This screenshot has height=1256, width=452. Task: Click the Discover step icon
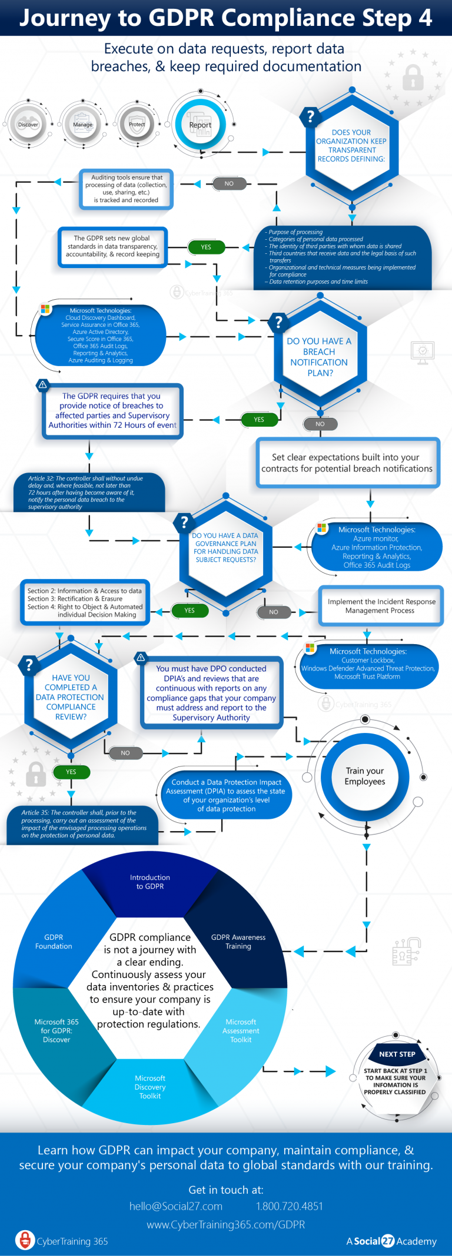tap(28, 124)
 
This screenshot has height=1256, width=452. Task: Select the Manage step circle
tap(82, 124)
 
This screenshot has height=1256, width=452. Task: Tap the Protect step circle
tap(137, 124)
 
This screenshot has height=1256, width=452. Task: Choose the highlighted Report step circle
tap(200, 125)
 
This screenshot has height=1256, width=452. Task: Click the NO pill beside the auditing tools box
tap(229, 183)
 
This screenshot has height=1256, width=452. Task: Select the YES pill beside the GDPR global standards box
tap(206, 247)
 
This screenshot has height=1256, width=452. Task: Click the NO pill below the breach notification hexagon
tap(320, 424)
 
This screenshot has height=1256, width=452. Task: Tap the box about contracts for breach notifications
tap(347, 463)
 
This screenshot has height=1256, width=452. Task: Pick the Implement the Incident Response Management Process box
tap(381, 605)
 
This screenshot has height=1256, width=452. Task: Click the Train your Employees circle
tap(365, 776)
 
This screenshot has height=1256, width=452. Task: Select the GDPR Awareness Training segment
tap(238, 942)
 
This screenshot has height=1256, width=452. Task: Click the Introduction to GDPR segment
tap(150, 882)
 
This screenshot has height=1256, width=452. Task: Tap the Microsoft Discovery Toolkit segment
tap(150, 1087)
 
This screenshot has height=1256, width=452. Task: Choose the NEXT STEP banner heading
tap(397, 1054)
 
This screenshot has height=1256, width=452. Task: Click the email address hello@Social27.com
tap(176, 1207)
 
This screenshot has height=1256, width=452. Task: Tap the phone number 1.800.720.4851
tap(290, 1207)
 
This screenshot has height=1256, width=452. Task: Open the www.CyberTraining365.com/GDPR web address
tap(226, 1225)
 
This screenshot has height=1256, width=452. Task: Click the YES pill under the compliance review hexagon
tap(71, 772)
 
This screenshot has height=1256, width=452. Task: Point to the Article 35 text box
tap(82, 824)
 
